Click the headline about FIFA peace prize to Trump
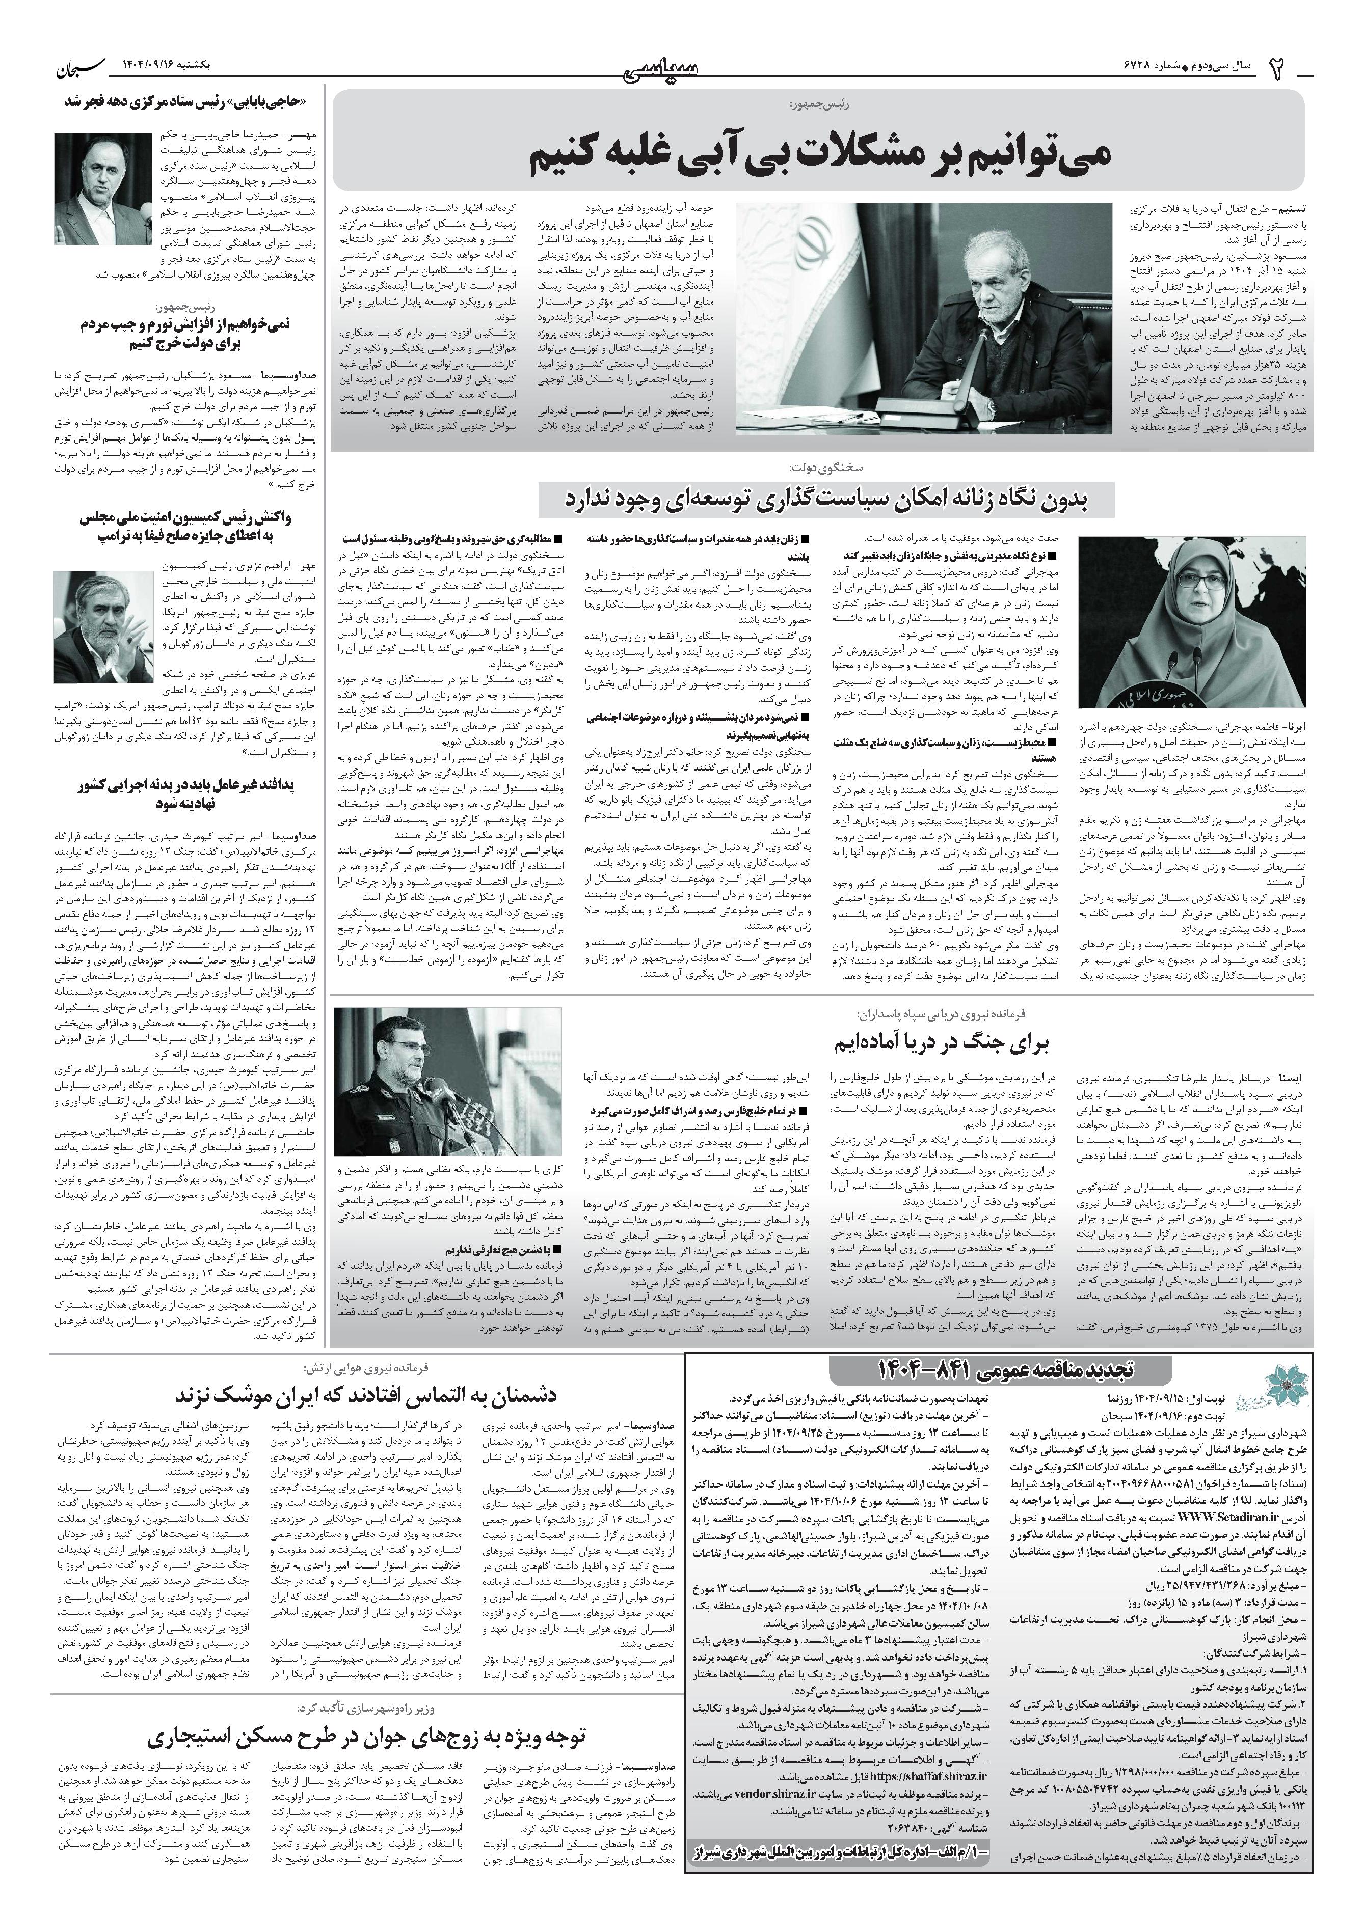click(x=183, y=527)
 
